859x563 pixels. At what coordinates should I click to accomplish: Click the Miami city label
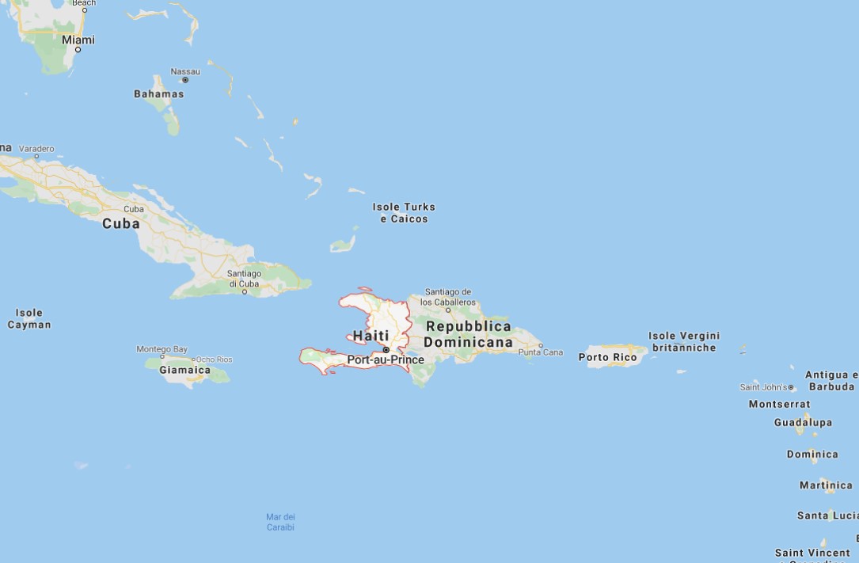pos(78,40)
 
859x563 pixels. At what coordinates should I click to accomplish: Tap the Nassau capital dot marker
pos(185,80)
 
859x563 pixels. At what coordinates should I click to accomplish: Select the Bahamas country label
pos(158,93)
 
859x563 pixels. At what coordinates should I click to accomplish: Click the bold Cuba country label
pos(121,223)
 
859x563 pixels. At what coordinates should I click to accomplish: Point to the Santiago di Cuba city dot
pos(244,291)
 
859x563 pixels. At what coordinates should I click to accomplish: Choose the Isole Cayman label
pos(29,318)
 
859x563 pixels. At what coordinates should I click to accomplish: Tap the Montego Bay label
pos(162,349)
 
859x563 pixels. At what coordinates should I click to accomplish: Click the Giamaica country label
pos(185,370)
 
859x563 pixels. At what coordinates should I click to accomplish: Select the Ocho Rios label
pos(214,359)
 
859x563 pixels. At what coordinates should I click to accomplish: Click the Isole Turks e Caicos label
pos(404,212)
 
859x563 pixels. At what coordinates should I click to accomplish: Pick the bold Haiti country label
pos(371,336)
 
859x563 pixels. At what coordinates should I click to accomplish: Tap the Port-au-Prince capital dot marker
pos(386,349)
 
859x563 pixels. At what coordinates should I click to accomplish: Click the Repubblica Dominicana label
pos(468,334)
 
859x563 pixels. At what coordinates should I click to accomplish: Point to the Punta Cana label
pos(541,352)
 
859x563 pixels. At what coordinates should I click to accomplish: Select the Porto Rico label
pos(607,357)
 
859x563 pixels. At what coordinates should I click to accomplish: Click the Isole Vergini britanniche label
pos(684,341)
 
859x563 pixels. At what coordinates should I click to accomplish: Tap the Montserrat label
pos(779,404)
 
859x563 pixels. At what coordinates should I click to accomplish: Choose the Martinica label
pos(826,485)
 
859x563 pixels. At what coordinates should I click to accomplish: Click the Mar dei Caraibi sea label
pos(280,522)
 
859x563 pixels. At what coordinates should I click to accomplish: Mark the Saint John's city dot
pos(792,388)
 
